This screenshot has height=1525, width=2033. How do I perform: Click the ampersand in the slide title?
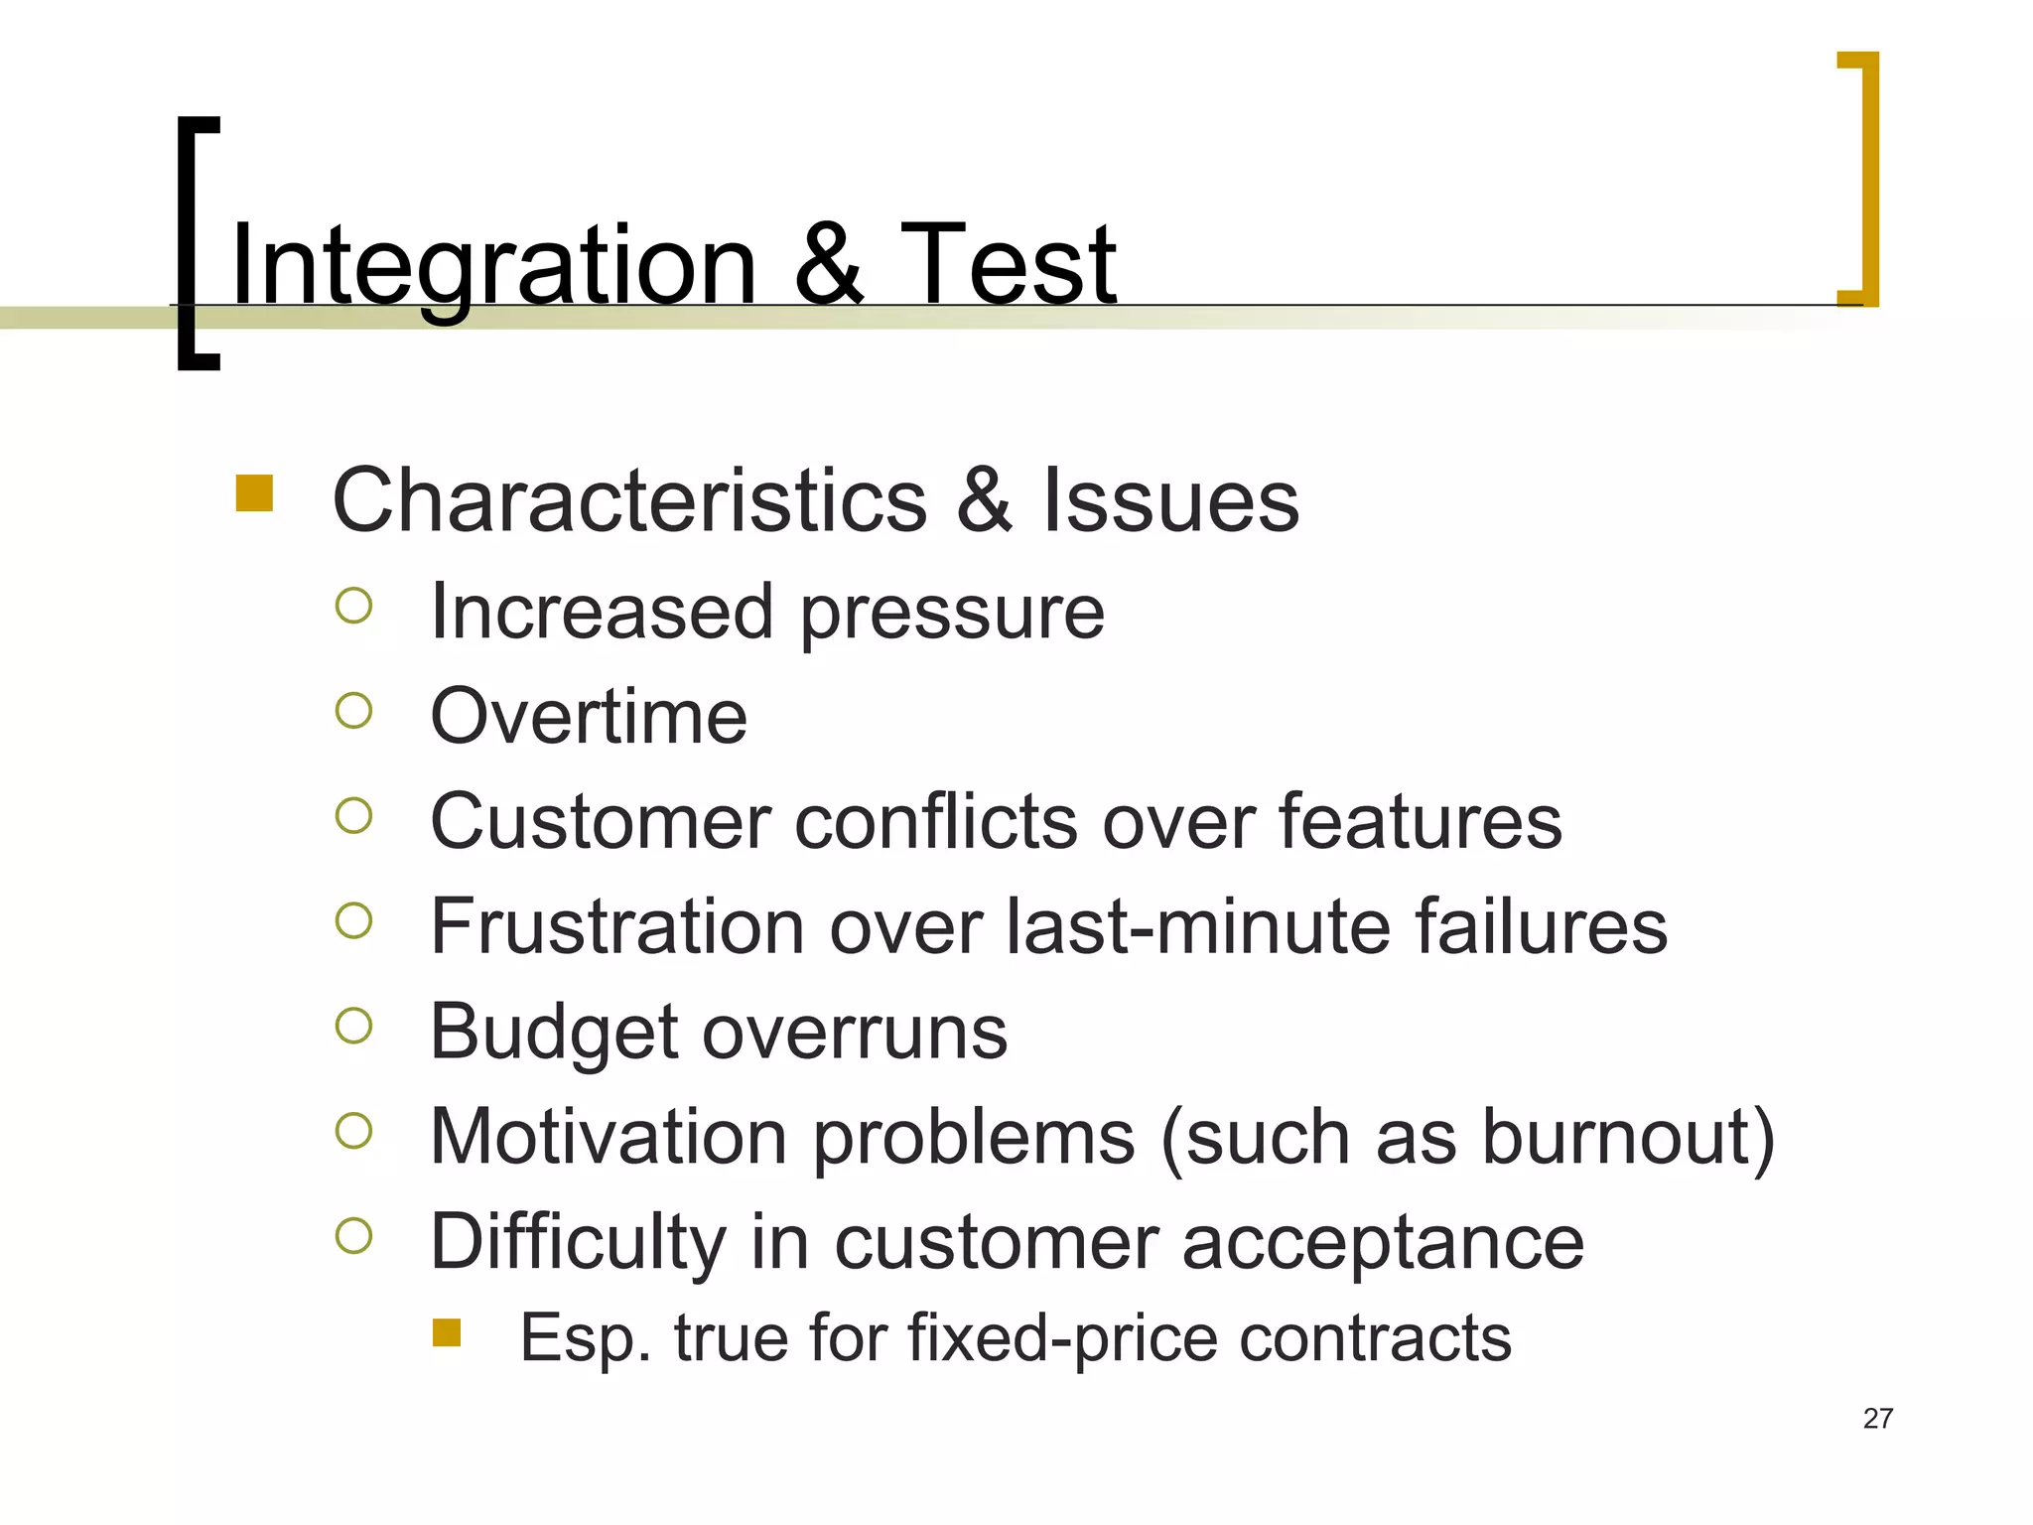coord(828,264)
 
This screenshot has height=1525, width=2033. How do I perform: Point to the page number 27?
coord(1877,1419)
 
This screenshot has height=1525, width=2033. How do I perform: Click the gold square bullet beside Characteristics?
coord(254,493)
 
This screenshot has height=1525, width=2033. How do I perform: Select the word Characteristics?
coord(629,500)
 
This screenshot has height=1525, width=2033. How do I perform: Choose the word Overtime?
coord(589,716)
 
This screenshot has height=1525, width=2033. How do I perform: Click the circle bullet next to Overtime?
coord(353,711)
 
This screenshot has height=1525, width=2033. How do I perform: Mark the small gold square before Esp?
coord(447,1332)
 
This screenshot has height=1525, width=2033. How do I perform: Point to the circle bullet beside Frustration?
coord(353,920)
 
